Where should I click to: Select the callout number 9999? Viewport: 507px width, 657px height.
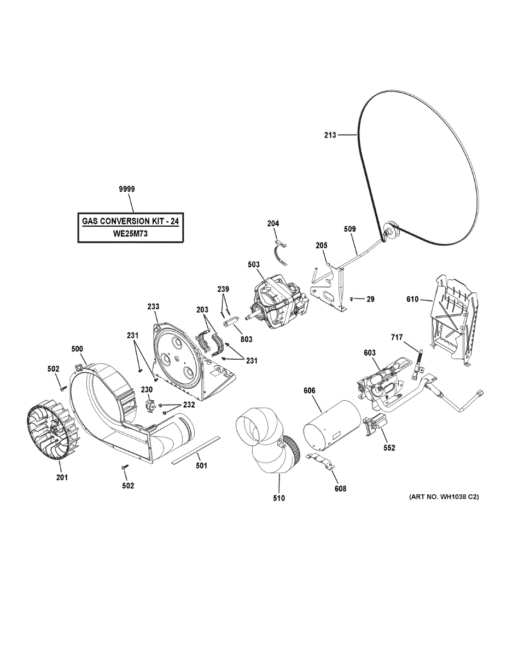(x=127, y=189)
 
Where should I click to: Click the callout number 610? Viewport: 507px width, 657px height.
(x=412, y=299)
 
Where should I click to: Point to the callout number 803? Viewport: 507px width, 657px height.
(x=247, y=339)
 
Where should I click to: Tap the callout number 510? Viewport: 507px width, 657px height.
(x=278, y=498)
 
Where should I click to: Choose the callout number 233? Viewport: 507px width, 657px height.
(x=153, y=308)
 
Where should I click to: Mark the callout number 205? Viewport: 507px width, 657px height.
(x=321, y=246)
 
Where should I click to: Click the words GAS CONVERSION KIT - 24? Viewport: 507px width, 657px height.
(x=130, y=222)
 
